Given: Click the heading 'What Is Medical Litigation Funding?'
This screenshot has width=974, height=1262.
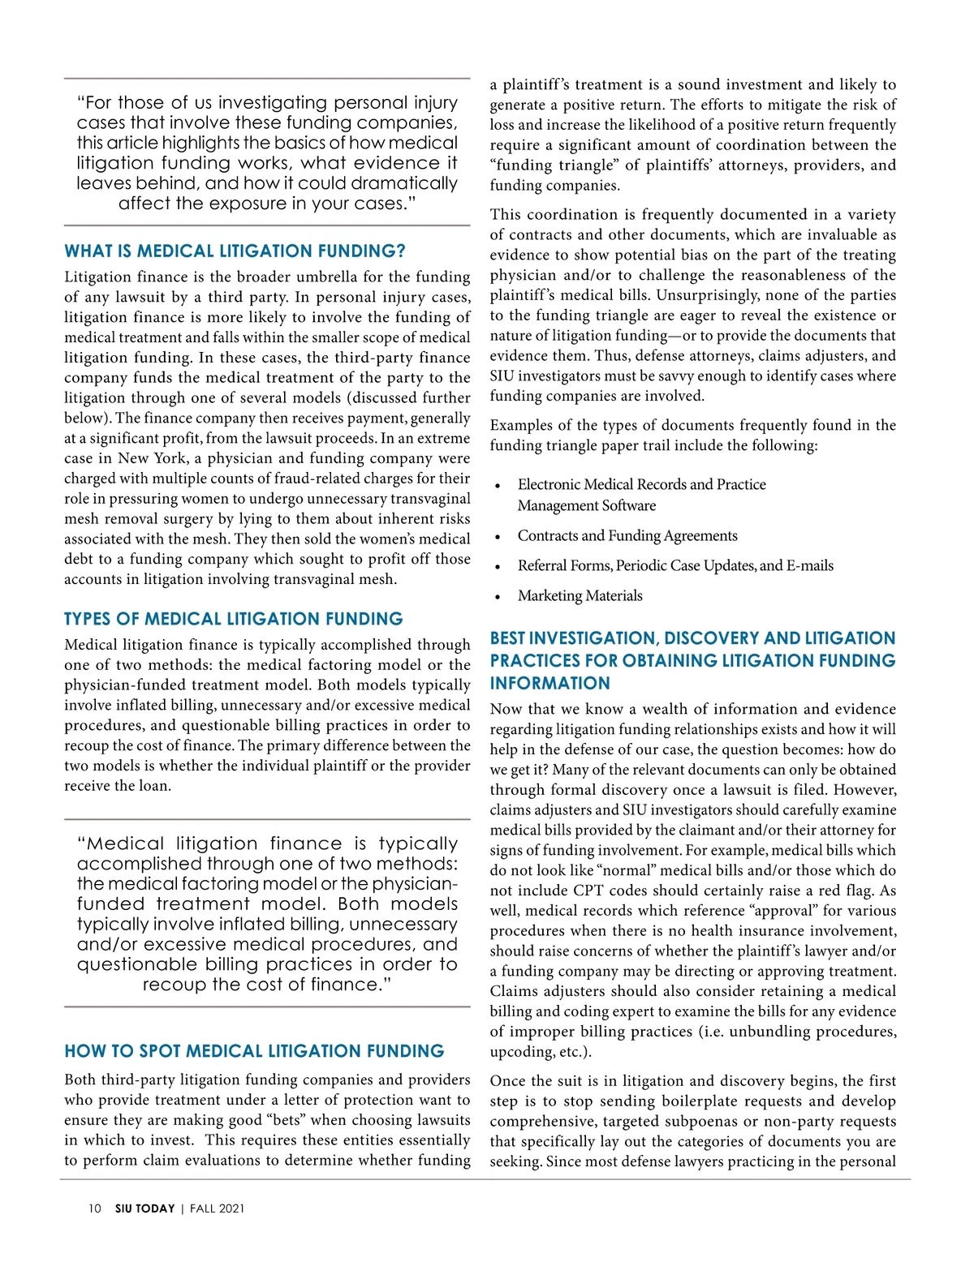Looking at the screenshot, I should click(235, 251).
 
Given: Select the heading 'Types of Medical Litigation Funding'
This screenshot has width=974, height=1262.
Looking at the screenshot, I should click(233, 620).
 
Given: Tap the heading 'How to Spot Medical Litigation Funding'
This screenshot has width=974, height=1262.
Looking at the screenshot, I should click(254, 1052).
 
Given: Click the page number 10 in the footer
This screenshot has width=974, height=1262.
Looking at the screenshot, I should click(95, 1208).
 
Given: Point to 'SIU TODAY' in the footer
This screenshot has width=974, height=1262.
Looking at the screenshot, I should click(144, 1208).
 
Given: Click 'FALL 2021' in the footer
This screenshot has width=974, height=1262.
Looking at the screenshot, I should click(217, 1208).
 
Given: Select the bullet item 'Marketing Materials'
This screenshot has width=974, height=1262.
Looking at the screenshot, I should click(580, 596).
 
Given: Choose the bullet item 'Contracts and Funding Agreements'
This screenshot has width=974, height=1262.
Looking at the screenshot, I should click(627, 536).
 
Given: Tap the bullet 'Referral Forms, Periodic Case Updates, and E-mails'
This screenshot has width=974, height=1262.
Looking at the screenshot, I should click(675, 566).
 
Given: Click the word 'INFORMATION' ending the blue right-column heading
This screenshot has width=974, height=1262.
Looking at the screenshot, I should click(549, 684).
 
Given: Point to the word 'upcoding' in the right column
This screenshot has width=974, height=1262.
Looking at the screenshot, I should click(521, 1052).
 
